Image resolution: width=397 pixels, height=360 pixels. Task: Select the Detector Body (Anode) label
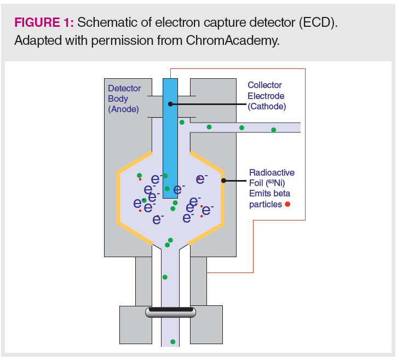coord(124,98)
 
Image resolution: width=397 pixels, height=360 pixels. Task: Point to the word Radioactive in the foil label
coord(272,172)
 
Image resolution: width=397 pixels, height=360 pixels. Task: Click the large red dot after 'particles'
coord(287,204)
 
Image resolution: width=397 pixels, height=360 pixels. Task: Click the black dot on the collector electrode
coord(170,103)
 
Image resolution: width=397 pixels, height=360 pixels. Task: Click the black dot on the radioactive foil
coord(223,180)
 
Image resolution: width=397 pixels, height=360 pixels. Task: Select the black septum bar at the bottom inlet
coord(170,310)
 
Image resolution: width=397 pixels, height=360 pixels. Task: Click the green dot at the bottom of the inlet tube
coord(172,342)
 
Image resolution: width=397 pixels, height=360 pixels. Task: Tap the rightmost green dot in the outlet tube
coord(274,130)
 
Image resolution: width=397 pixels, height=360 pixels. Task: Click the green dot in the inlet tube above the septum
coord(165,277)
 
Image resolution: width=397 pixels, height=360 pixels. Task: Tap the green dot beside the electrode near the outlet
coord(182,122)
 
